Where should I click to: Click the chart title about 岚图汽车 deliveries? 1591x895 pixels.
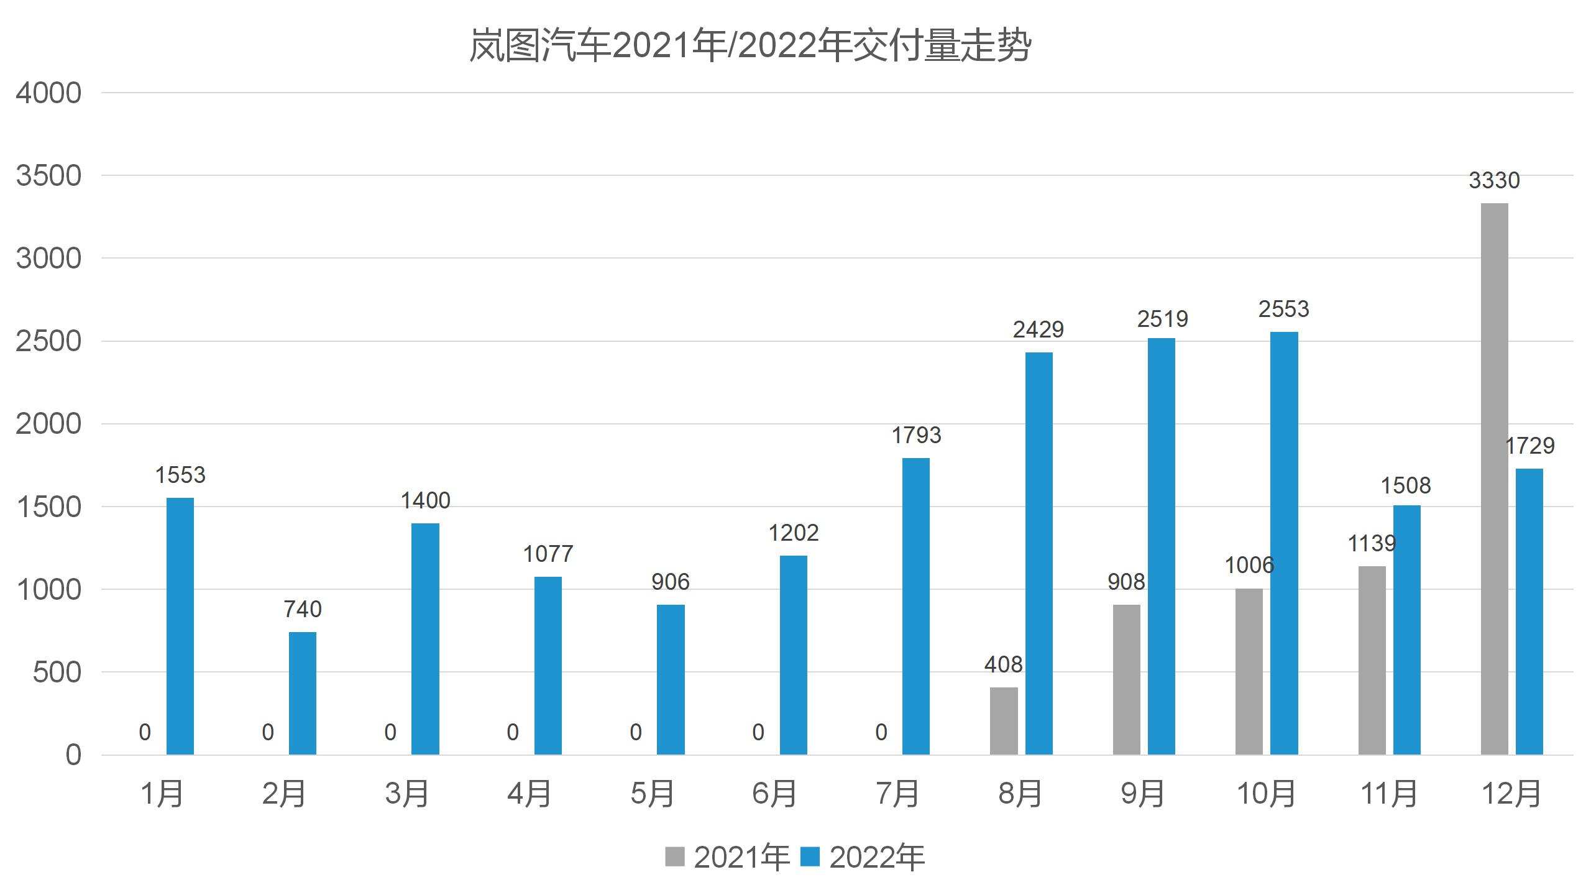(x=750, y=45)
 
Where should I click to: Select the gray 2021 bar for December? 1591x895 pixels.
(x=1494, y=479)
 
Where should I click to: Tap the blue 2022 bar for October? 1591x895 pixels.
(x=1284, y=543)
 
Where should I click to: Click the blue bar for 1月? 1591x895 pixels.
(x=180, y=626)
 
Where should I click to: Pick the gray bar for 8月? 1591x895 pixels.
(x=1004, y=721)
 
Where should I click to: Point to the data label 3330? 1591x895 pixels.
(x=1494, y=180)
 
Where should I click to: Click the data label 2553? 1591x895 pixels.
(x=1284, y=309)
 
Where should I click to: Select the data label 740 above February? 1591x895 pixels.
(x=303, y=609)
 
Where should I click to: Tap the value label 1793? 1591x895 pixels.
(x=916, y=435)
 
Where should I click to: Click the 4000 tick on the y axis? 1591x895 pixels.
(x=48, y=93)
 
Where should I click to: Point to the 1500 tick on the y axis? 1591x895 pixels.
(x=48, y=507)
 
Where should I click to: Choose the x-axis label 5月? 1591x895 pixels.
(x=653, y=794)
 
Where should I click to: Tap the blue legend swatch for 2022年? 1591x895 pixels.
(x=810, y=856)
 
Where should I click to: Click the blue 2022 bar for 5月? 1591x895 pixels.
(x=671, y=679)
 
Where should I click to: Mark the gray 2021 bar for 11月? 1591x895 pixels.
(x=1372, y=660)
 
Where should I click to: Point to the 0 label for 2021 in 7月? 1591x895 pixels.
(x=881, y=732)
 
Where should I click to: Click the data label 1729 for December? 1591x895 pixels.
(x=1529, y=446)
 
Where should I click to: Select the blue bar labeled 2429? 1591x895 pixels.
(x=1039, y=553)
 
